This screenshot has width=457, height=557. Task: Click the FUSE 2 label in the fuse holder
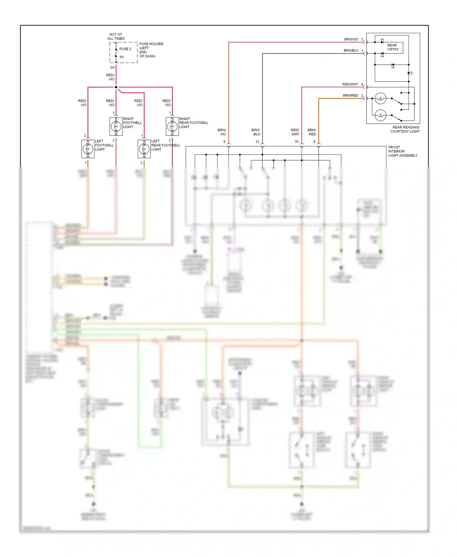125,49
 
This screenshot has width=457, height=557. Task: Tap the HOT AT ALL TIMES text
116,37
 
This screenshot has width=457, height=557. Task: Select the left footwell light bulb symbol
88,149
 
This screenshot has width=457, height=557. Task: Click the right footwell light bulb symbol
116,126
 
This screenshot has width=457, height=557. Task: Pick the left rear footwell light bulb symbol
144,149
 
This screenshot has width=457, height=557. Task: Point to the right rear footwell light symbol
172,126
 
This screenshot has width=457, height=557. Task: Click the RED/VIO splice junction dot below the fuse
116,87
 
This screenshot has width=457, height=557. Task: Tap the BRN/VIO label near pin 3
351,39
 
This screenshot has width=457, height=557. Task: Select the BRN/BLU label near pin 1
351,51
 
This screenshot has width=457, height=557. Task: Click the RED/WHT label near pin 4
350,84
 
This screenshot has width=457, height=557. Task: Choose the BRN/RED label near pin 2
350,96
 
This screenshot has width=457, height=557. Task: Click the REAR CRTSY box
393,48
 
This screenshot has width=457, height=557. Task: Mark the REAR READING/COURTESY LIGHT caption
405,129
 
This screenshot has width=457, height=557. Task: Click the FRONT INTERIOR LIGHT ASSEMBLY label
402,151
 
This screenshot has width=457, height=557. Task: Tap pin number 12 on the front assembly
257,142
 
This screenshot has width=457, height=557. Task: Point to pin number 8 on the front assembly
224,142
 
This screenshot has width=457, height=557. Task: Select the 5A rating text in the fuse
122,57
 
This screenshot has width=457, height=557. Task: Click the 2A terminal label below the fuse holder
112,68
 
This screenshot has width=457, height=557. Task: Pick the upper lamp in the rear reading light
380,98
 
